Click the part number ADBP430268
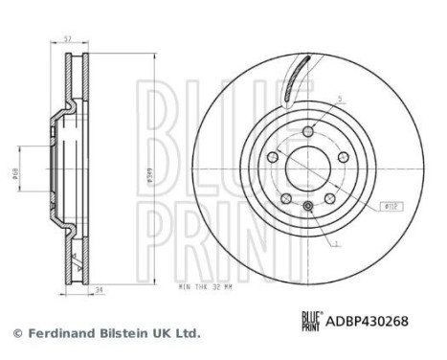pos(369,323)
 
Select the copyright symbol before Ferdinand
pos(15,333)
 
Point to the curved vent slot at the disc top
pos(297,77)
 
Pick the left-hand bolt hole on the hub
pos(273,157)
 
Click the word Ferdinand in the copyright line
pos(59,333)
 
